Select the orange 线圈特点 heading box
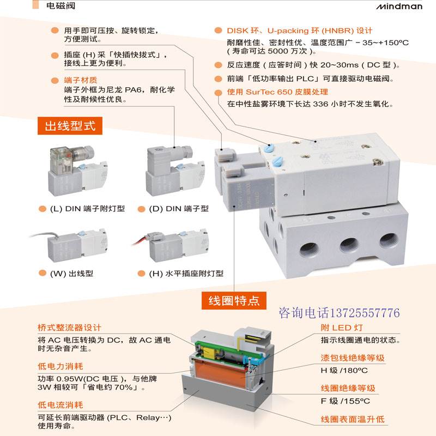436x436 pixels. [x=234, y=300]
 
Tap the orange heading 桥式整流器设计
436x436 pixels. [x=69, y=328]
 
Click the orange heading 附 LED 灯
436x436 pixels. [x=342, y=328]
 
